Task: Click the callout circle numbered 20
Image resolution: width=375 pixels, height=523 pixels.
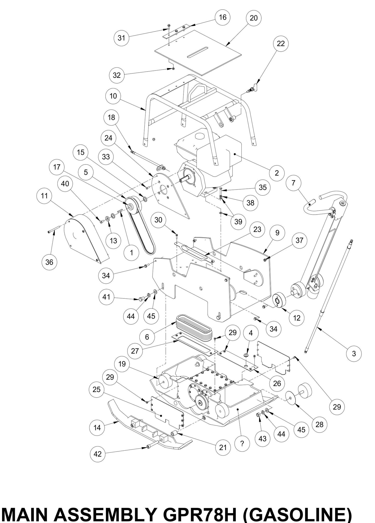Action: click(x=254, y=18)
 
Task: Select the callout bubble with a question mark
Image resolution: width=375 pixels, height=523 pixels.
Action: click(x=242, y=444)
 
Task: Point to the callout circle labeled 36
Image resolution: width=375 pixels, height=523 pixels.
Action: click(x=49, y=262)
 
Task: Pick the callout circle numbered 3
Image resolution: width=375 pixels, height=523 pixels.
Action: click(x=354, y=353)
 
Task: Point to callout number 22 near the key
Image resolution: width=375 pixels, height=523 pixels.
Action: click(x=281, y=44)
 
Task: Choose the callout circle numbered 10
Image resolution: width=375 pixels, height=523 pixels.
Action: click(x=113, y=96)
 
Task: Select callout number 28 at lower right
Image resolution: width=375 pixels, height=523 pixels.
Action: click(x=319, y=424)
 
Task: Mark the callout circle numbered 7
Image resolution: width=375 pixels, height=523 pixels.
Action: click(x=293, y=183)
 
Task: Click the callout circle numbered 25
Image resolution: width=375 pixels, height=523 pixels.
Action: click(x=97, y=390)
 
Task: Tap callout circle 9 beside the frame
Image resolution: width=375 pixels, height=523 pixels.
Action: click(x=277, y=233)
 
